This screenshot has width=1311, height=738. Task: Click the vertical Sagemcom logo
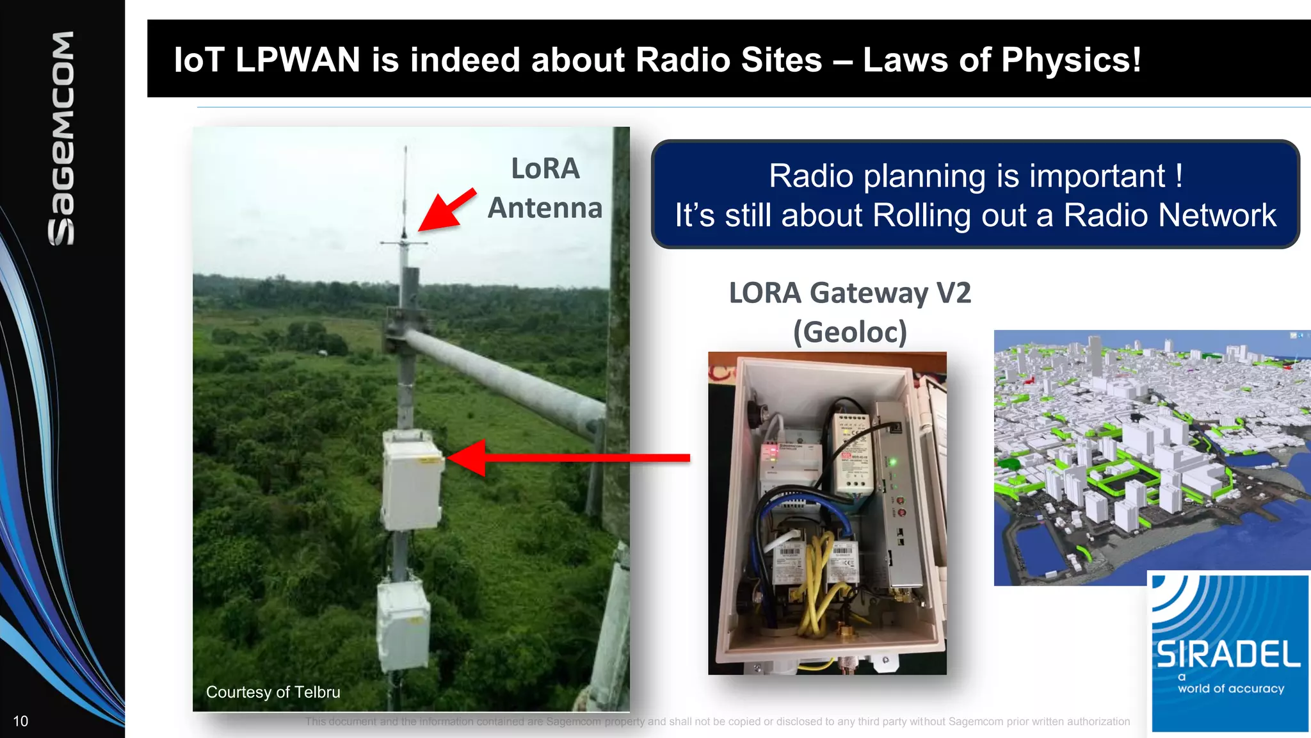pos(61,138)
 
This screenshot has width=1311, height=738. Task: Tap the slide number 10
pos(20,721)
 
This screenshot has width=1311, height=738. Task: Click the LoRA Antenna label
pos(545,188)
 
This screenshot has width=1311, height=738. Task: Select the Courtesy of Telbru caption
pos(273,693)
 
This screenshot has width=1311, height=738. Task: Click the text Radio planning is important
pos(975,176)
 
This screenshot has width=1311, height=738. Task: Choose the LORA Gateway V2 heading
pos(850,293)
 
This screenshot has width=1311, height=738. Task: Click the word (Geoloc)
pos(850,332)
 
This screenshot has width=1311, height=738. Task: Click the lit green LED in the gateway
pos(892,462)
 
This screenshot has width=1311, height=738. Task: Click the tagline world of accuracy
pos(1231,689)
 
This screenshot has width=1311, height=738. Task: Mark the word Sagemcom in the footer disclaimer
pos(574,722)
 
